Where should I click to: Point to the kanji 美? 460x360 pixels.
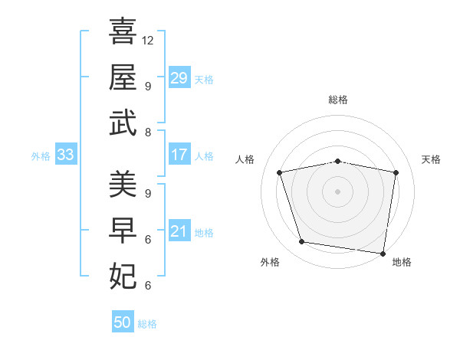[x=123, y=184]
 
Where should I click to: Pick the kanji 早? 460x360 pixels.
[x=123, y=229]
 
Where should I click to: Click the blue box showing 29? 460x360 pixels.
[x=179, y=78]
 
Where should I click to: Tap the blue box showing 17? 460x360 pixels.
[x=179, y=155]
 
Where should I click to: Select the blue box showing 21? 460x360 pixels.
[x=179, y=231]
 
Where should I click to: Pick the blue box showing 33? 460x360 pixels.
[x=66, y=155]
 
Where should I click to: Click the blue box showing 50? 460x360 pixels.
[x=123, y=322]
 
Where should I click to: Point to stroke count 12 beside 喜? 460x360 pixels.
[x=148, y=40]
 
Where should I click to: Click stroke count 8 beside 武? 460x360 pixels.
[x=148, y=132]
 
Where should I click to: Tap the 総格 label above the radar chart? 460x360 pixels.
[x=337, y=100]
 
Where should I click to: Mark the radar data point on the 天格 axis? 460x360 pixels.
[x=396, y=172]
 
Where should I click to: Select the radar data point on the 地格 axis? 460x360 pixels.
[x=383, y=253]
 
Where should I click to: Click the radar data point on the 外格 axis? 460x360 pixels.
[x=301, y=242]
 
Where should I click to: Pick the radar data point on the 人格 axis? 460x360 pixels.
[x=280, y=172]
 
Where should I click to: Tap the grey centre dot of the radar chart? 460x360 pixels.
[x=337, y=191]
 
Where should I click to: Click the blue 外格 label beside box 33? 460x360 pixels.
[x=41, y=155]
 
